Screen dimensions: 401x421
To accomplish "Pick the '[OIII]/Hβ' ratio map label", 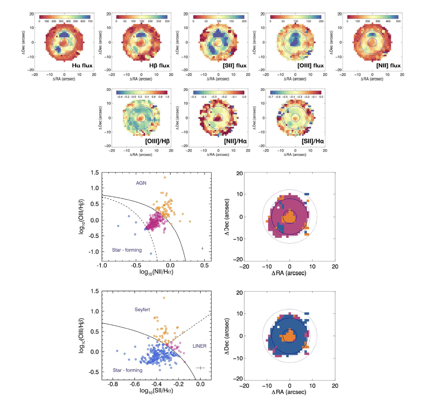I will tap(157, 142).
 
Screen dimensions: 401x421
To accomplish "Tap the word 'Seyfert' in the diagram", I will tap(144, 310).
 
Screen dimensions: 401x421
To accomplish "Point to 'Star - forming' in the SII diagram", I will tap(128, 370).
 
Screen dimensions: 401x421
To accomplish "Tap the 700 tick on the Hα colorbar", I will tap(90, 21).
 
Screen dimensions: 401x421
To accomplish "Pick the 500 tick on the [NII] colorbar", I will tap(398, 21).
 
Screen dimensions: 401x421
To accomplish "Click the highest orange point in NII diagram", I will tap(165, 177).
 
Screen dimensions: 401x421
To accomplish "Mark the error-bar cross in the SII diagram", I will tap(200, 367).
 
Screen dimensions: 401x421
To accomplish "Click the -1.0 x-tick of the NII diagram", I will tap(101, 266).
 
